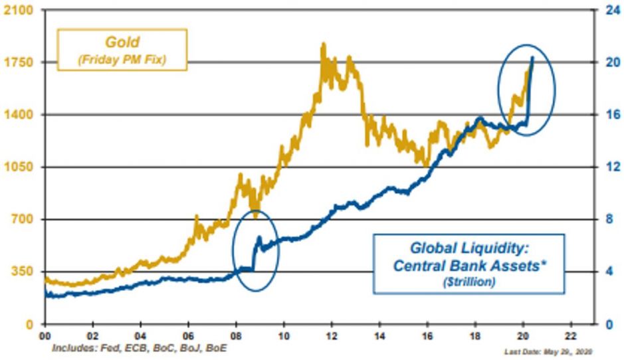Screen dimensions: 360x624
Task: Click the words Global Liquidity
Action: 468,249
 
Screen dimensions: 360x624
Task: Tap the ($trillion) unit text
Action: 468,282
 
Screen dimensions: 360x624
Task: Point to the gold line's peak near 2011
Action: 323,45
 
